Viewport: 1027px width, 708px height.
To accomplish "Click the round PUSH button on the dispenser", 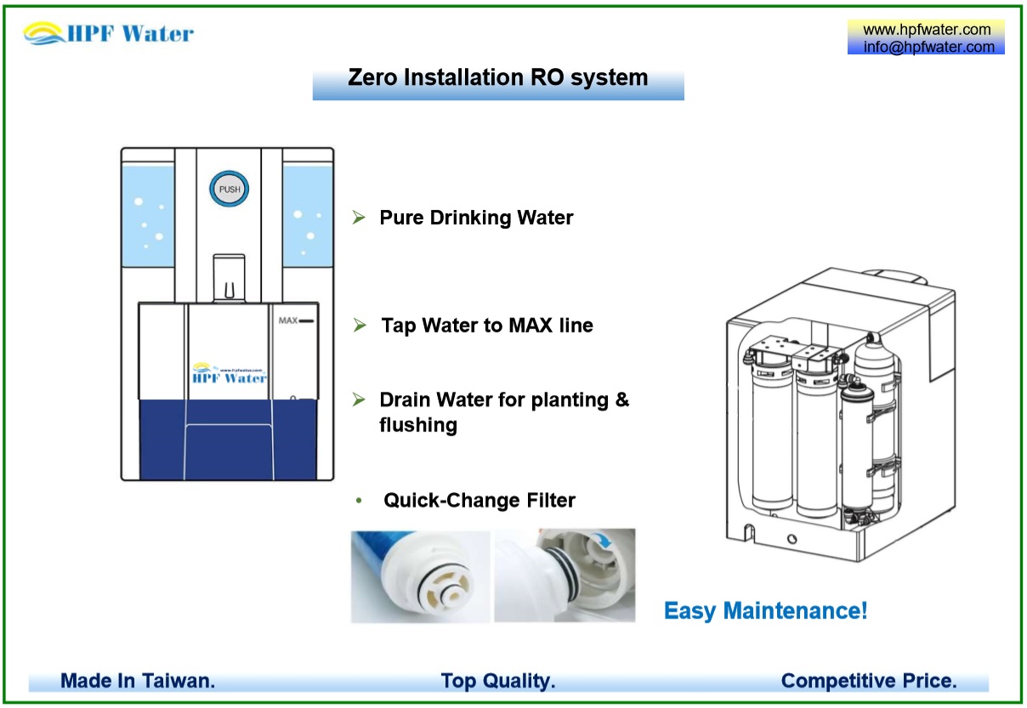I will (x=230, y=190).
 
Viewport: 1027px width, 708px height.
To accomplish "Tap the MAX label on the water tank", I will (x=287, y=321).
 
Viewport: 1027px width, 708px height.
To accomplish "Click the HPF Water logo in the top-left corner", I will (x=109, y=34).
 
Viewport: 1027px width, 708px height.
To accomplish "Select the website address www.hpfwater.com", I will (x=927, y=30).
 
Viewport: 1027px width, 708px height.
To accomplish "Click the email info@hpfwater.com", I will (x=928, y=48).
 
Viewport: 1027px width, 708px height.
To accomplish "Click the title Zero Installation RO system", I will (x=497, y=78).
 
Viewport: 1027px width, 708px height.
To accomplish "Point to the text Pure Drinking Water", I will (x=476, y=218).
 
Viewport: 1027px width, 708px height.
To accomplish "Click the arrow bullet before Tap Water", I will (x=360, y=326).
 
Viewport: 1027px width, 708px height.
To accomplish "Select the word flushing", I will (x=418, y=425).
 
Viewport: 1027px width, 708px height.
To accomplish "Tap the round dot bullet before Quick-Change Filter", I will (x=360, y=501).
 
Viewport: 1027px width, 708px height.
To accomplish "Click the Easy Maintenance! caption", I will (x=765, y=610).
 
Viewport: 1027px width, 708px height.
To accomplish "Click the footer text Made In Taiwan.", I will (x=138, y=681).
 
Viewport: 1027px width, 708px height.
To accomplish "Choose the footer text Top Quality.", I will (x=498, y=681).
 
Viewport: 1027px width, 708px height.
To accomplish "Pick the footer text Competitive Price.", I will (x=869, y=681).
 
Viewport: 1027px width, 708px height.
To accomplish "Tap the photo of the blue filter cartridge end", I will (x=420, y=576).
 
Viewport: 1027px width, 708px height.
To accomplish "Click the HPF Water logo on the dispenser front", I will (x=230, y=375).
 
